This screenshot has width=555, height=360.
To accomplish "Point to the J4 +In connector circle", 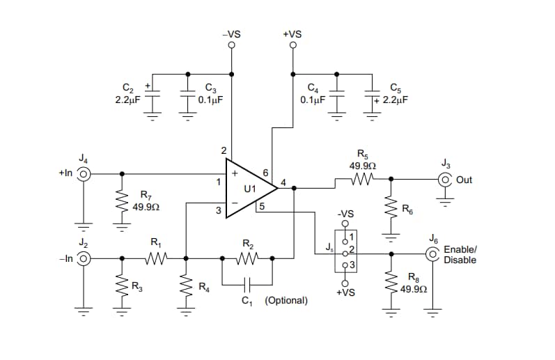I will [x=84, y=174].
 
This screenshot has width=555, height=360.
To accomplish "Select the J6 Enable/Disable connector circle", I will [x=432, y=254].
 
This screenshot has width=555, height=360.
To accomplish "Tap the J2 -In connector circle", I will [x=84, y=258].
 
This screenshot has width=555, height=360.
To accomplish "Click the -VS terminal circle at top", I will [x=231, y=46].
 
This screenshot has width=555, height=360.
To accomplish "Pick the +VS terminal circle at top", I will [x=292, y=46].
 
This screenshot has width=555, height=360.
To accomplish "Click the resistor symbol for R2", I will [x=247, y=258].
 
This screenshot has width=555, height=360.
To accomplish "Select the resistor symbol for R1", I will [x=155, y=258].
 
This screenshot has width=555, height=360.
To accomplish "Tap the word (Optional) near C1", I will [x=286, y=300].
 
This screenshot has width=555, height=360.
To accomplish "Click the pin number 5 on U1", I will [x=261, y=206].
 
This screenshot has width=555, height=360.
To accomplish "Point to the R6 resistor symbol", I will [x=390, y=206].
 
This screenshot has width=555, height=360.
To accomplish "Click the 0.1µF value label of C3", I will [x=210, y=100].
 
